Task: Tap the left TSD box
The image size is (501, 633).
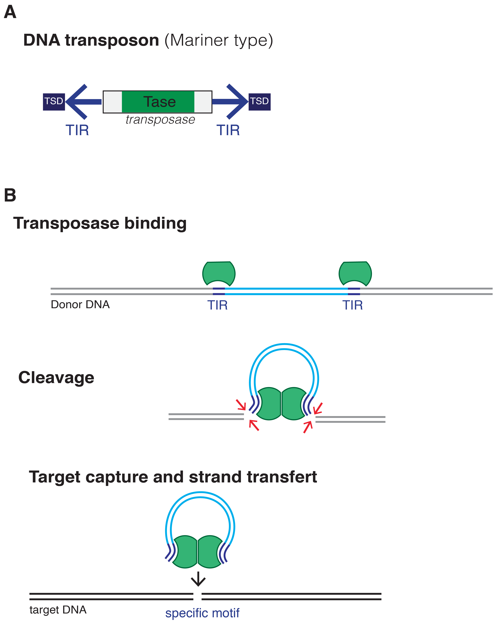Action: coord(54,102)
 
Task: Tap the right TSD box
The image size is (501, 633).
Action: coord(259,102)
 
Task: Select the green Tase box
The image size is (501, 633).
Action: coord(158,102)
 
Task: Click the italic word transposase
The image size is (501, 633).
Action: coord(160,120)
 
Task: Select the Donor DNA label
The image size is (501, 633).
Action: coord(80,305)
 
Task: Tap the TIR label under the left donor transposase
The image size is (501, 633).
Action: coord(217,305)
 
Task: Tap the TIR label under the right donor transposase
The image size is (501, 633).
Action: coord(353,305)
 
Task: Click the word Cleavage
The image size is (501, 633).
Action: coord(56,377)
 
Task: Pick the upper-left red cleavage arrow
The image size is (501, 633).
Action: coord(241,405)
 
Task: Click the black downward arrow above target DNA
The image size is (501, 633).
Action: coord(198,579)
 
